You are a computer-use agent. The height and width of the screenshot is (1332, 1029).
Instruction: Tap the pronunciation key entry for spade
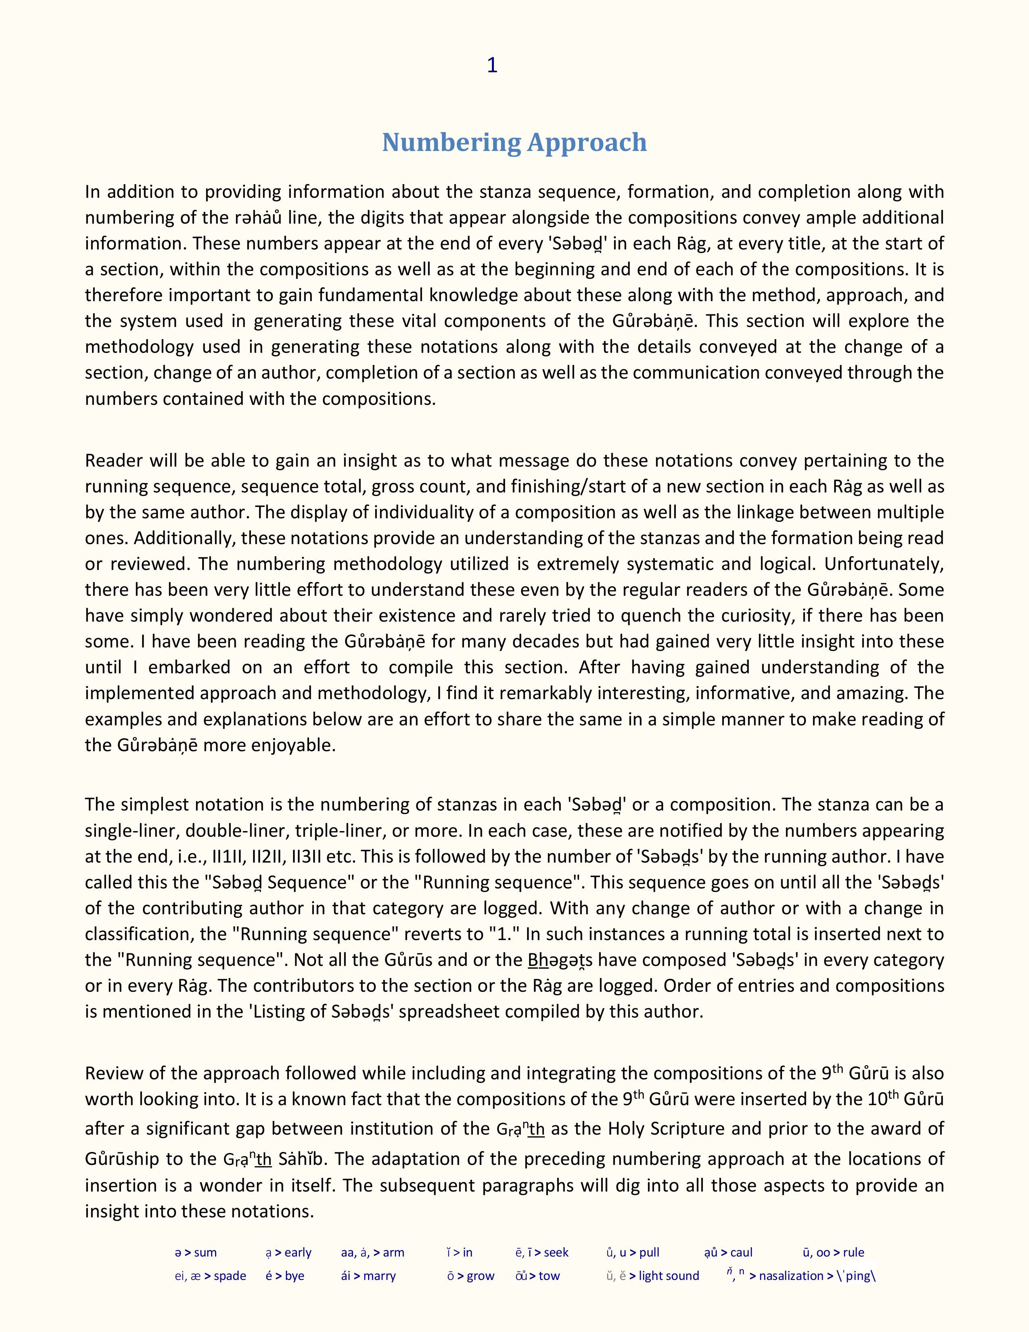pyautogui.click(x=210, y=1276)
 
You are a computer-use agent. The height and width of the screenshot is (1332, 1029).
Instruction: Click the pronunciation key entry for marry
pyautogui.click(x=368, y=1276)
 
